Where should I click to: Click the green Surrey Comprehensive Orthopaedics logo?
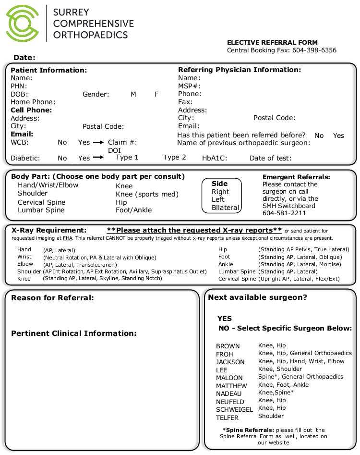(x=23, y=23)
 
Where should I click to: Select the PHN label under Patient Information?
(x=18, y=86)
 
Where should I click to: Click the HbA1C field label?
(x=215, y=158)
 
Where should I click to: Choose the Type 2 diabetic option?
(x=174, y=158)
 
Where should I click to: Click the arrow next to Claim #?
(x=98, y=143)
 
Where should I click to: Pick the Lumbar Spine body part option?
(x=41, y=210)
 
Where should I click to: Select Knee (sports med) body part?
(x=147, y=195)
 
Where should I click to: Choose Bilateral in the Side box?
(x=225, y=208)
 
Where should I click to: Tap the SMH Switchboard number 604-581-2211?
(x=284, y=213)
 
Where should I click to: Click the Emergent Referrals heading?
(x=296, y=177)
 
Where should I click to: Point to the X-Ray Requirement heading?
(x=48, y=231)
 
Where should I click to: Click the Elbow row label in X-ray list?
(x=25, y=264)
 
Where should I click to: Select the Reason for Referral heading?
(x=52, y=298)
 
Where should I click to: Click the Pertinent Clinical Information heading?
(x=73, y=333)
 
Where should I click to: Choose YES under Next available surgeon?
(x=225, y=319)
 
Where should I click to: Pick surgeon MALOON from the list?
(x=229, y=378)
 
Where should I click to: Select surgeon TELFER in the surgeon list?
(x=227, y=418)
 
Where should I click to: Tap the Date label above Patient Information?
(x=24, y=58)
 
